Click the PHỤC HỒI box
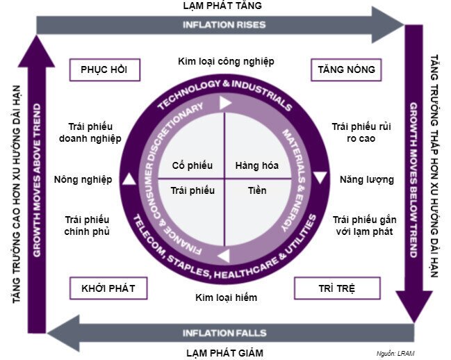(104, 69)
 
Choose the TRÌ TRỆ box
(337, 288)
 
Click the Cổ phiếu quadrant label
(192, 165)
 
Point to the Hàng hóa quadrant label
(256, 165)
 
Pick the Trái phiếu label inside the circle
(192, 190)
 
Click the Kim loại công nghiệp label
(226, 61)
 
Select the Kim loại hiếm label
(226, 298)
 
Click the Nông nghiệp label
(83, 179)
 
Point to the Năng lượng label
(367, 179)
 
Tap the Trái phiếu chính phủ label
(87, 224)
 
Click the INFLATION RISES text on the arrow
(224, 25)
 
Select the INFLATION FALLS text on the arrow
(224, 332)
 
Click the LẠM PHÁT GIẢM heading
(224, 352)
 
